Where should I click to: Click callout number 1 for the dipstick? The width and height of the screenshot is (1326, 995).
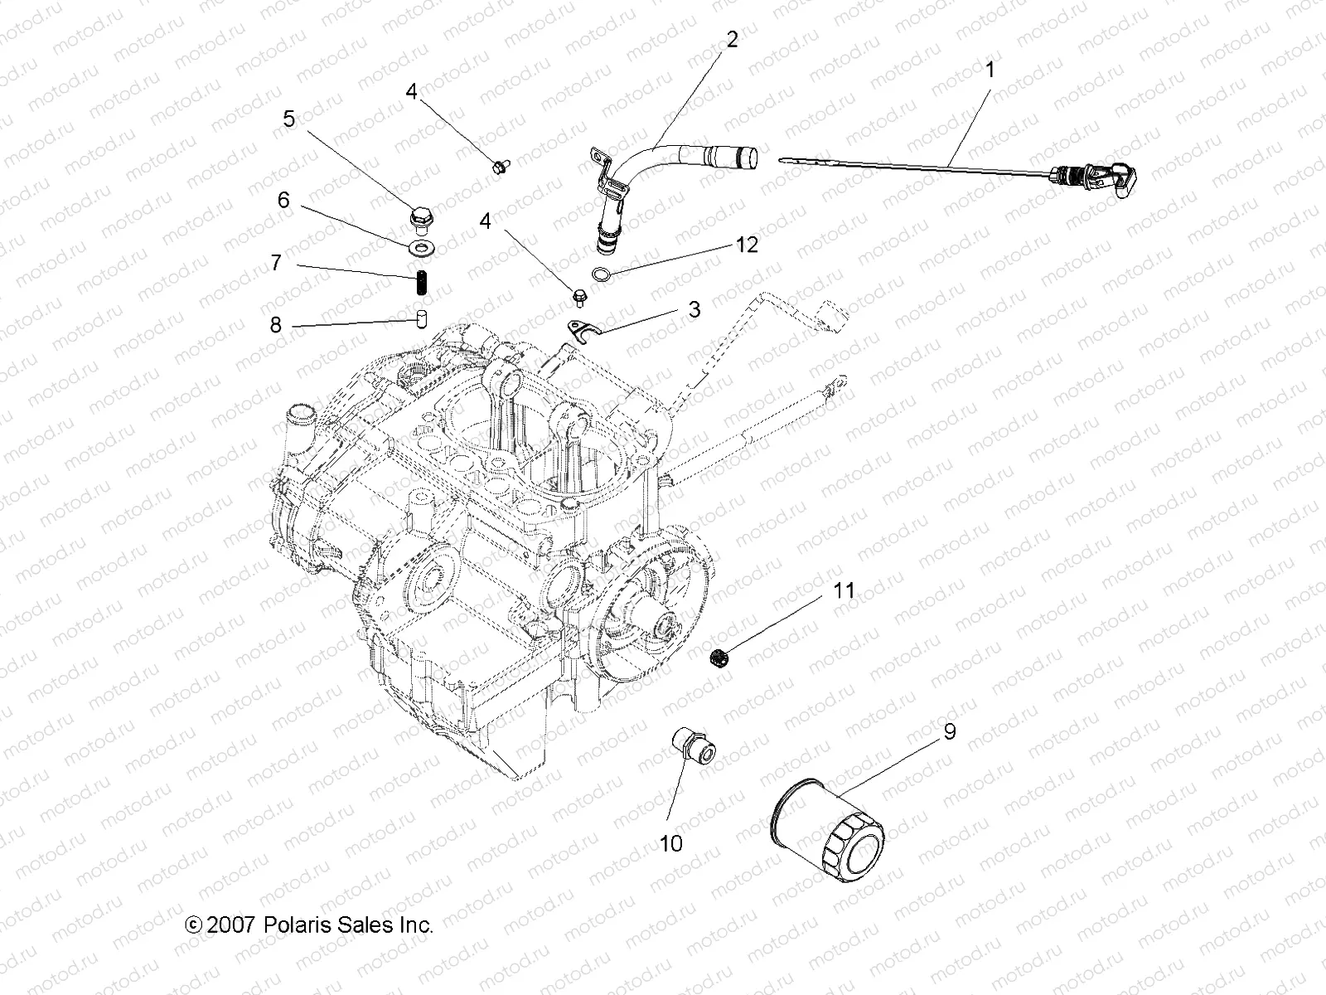click(x=988, y=70)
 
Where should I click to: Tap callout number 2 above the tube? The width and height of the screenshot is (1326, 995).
click(x=731, y=38)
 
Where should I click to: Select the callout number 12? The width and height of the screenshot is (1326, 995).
click(x=747, y=245)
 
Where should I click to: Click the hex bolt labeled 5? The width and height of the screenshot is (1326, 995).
click(x=421, y=219)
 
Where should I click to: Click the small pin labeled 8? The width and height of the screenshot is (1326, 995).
click(x=420, y=318)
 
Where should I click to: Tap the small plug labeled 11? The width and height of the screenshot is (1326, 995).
click(x=720, y=659)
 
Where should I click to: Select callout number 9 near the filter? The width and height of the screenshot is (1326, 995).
click(x=950, y=731)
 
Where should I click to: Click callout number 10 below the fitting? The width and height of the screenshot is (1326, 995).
click(x=670, y=843)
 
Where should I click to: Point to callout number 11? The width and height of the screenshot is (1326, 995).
click(x=844, y=590)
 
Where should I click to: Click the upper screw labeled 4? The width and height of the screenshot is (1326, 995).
click(x=500, y=167)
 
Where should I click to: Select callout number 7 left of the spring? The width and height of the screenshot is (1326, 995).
click(x=276, y=262)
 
